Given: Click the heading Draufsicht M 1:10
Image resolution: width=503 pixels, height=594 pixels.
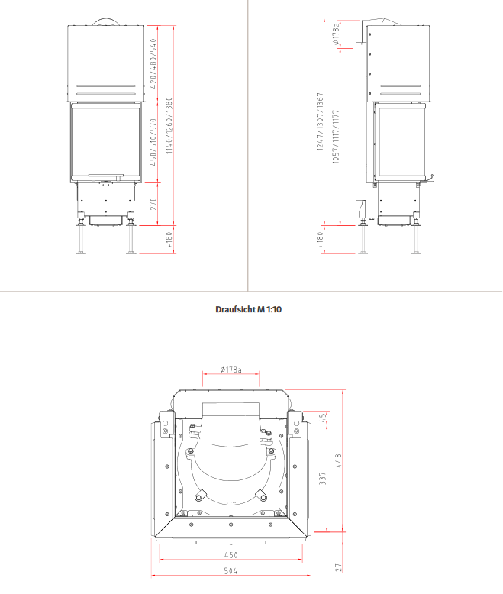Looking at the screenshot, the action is (x=249, y=309).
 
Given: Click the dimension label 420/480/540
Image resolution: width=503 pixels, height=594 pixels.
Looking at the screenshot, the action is (x=153, y=63).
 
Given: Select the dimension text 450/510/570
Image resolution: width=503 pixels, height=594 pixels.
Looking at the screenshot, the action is (x=153, y=142).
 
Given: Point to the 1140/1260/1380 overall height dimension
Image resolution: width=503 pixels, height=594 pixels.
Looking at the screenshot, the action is (x=169, y=125).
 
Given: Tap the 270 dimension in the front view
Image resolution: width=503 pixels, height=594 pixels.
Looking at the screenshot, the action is (x=153, y=204).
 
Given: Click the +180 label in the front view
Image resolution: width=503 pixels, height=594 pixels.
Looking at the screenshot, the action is (x=169, y=240).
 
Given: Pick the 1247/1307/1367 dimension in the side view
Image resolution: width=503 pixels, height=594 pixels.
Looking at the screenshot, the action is (x=320, y=121).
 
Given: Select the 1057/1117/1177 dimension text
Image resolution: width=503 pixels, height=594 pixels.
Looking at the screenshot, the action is (x=336, y=137).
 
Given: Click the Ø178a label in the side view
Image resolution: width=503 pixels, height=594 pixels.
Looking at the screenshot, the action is (x=336, y=34).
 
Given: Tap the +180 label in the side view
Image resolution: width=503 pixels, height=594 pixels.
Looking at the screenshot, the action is (x=321, y=240).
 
